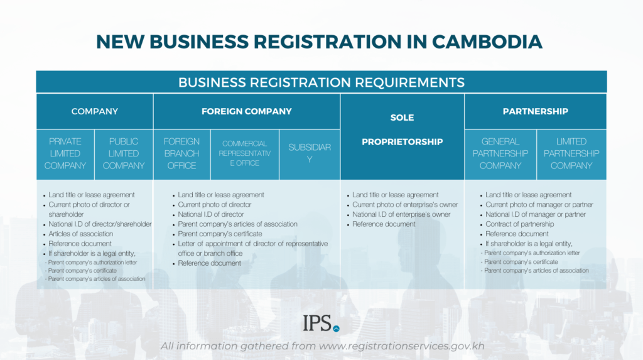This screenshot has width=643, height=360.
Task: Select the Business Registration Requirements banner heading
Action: pyautogui.click(x=321, y=82)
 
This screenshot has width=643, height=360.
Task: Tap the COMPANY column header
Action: pyautogui.click(x=94, y=111)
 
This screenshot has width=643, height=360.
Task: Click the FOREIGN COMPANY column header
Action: pyautogui.click(x=246, y=111)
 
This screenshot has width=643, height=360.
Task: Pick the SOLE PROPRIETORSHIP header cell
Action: pyautogui.click(x=402, y=129)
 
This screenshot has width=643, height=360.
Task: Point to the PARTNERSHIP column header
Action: pyautogui.click(x=535, y=111)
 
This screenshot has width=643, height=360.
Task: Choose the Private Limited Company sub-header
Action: pyautogui.click(x=65, y=154)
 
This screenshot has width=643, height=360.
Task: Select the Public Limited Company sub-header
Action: pyautogui.click(x=124, y=154)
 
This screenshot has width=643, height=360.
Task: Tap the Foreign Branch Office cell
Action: pyautogui.click(x=181, y=154)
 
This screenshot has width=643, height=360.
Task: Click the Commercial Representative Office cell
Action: pyautogui.click(x=244, y=153)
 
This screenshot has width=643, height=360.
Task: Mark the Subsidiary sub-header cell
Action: pyautogui.click(x=309, y=153)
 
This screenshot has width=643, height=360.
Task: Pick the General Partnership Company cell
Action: pyautogui.click(x=500, y=154)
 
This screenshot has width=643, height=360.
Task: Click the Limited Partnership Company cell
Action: pyautogui.click(x=571, y=154)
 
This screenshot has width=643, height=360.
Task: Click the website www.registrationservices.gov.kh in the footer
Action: pyautogui.click(x=401, y=346)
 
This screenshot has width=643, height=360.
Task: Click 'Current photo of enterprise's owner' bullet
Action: pyautogui.click(x=405, y=205)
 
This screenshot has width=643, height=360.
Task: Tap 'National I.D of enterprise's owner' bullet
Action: pyautogui.click(x=401, y=214)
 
